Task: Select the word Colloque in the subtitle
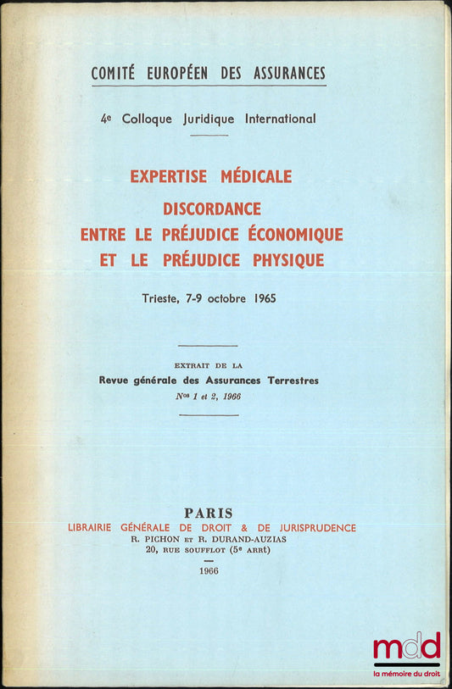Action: click(x=152, y=119)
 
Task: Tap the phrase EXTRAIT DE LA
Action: click(x=208, y=365)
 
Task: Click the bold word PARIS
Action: click(x=209, y=513)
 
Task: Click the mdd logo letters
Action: click(x=406, y=647)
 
